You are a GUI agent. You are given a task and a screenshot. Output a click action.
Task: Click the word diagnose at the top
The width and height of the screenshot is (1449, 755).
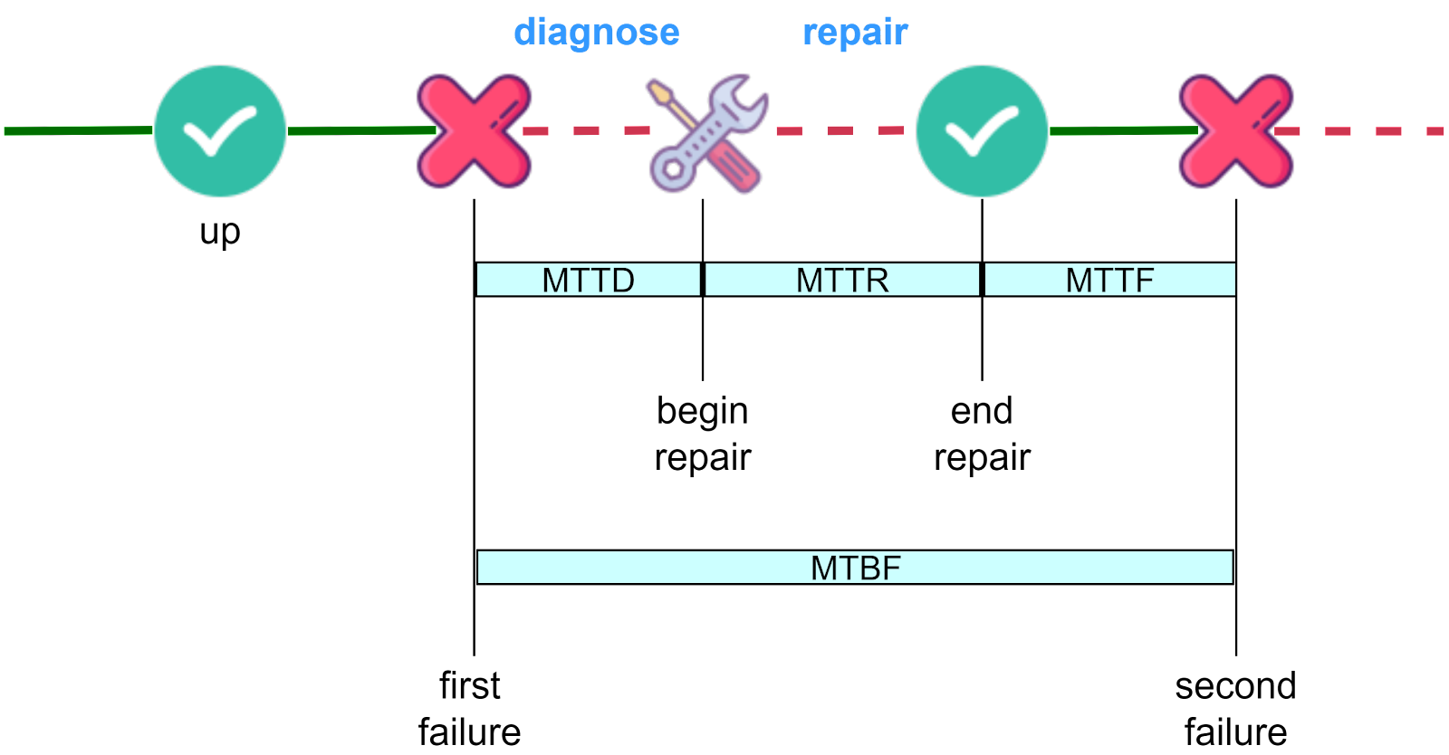pyautogui.click(x=596, y=33)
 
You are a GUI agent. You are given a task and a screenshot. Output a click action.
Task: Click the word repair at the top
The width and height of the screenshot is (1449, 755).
pyautogui.click(x=855, y=33)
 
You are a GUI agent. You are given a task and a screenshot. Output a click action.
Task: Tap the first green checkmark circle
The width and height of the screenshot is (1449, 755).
pyautogui.click(x=220, y=131)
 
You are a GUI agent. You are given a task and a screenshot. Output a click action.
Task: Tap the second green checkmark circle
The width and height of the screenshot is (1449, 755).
pyautogui.click(x=982, y=131)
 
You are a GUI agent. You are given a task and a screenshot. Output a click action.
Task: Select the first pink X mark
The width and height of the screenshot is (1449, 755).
pyautogui.click(x=474, y=131)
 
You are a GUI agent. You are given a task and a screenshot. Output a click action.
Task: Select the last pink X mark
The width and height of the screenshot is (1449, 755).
pyautogui.click(x=1235, y=131)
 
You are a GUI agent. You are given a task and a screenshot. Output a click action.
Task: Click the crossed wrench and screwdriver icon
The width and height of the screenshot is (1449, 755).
pyautogui.click(x=707, y=134)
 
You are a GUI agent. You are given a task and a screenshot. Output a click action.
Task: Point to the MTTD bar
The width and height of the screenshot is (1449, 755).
pyautogui.click(x=589, y=280)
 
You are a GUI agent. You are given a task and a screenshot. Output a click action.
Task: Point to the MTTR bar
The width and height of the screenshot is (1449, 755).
pyautogui.click(x=842, y=280)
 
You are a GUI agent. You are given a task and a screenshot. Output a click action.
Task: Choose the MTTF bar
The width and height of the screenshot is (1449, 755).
pyautogui.click(x=1109, y=280)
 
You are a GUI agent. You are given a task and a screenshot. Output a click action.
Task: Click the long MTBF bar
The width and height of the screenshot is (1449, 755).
pyautogui.click(x=855, y=568)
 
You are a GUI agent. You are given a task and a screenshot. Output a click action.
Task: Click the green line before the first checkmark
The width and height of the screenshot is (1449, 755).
pyautogui.click(x=78, y=131)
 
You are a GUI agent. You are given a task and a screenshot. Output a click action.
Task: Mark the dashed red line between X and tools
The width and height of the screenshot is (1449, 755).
pyautogui.click(x=587, y=131)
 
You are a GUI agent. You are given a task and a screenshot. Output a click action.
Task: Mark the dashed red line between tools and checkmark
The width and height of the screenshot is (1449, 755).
pyautogui.click(x=840, y=131)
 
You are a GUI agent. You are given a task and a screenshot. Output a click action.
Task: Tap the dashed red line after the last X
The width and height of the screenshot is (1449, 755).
pyautogui.click(x=1363, y=131)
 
